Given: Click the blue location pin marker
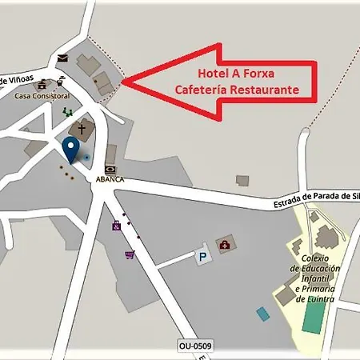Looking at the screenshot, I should click(x=70, y=147).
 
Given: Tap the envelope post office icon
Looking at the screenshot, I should click(x=62, y=58).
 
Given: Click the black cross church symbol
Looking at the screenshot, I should click(x=81, y=128).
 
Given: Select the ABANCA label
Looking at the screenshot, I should click(x=110, y=179).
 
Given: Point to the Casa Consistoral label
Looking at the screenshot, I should click(x=42, y=96).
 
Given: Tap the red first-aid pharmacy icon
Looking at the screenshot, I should click(x=226, y=243).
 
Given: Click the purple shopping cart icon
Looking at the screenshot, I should click(x=129, y=254).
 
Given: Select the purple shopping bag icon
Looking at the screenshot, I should click(x=117, y=226).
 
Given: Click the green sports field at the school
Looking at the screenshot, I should click(x=314, y=317).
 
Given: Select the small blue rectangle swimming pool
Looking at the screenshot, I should click(x=263, y=313).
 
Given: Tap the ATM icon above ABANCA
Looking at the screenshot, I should click(x=110, y=169).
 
